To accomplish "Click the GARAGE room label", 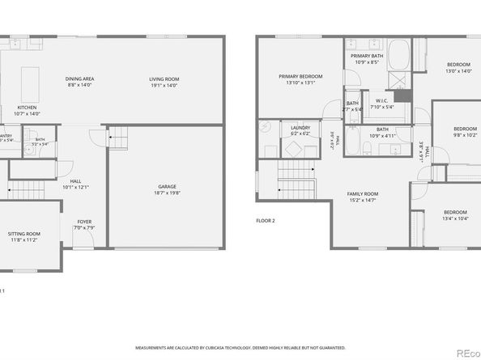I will (x=167, y=187).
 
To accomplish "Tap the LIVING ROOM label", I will (x=163, y=78).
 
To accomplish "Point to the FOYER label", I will (x=84, y=221).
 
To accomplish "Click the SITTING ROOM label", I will (x=25, y=234).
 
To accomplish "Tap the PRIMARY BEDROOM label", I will (x=300, y=76).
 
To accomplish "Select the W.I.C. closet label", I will (x=381, y=101).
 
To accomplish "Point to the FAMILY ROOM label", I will (x=363, y=194).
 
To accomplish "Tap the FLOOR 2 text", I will (x=266, y=220).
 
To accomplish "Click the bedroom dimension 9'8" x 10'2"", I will (x=465, y=135).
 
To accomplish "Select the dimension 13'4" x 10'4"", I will (x=455, y=218).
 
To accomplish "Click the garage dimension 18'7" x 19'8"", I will (x=167, y=193).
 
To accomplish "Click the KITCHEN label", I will (x=28, y=108).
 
